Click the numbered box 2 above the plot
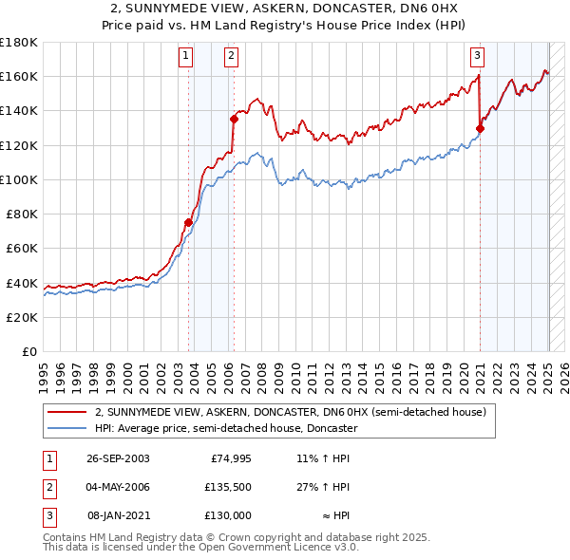(x=232, y=56)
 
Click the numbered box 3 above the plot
(x=477, y=56)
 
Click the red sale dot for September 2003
(x=188, y=222)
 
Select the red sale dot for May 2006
(x=234, y=119)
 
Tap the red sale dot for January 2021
(x=481, y=128)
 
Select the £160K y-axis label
(x=19, y=76)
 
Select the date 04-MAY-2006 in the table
(x=118, y=487)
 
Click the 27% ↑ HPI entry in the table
(x=324, y=487)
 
